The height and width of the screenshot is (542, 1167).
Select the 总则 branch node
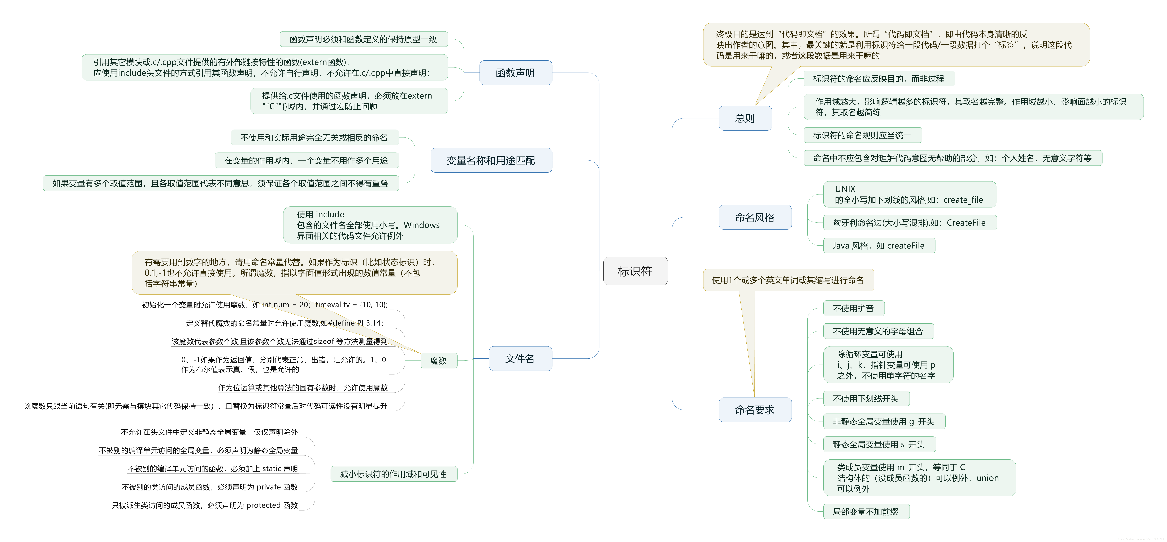coord(745,118)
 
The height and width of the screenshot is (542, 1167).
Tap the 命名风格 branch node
coord(755,217)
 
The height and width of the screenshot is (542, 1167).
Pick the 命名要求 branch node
coord(755,410)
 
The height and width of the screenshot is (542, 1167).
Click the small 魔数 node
coord(438,361)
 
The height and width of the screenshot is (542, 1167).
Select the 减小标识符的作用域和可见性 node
coord(393,474)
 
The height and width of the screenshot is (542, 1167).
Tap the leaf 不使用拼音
coord(853,308)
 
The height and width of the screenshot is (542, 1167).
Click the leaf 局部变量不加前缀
coord(865,512)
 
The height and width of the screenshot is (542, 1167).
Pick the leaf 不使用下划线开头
coord(865,398)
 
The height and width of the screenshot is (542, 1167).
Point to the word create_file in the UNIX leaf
coord(963,200)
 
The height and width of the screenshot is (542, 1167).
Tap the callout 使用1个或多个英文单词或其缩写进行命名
coord(788,280)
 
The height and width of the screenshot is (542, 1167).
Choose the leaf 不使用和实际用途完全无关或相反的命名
coord(314,137)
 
